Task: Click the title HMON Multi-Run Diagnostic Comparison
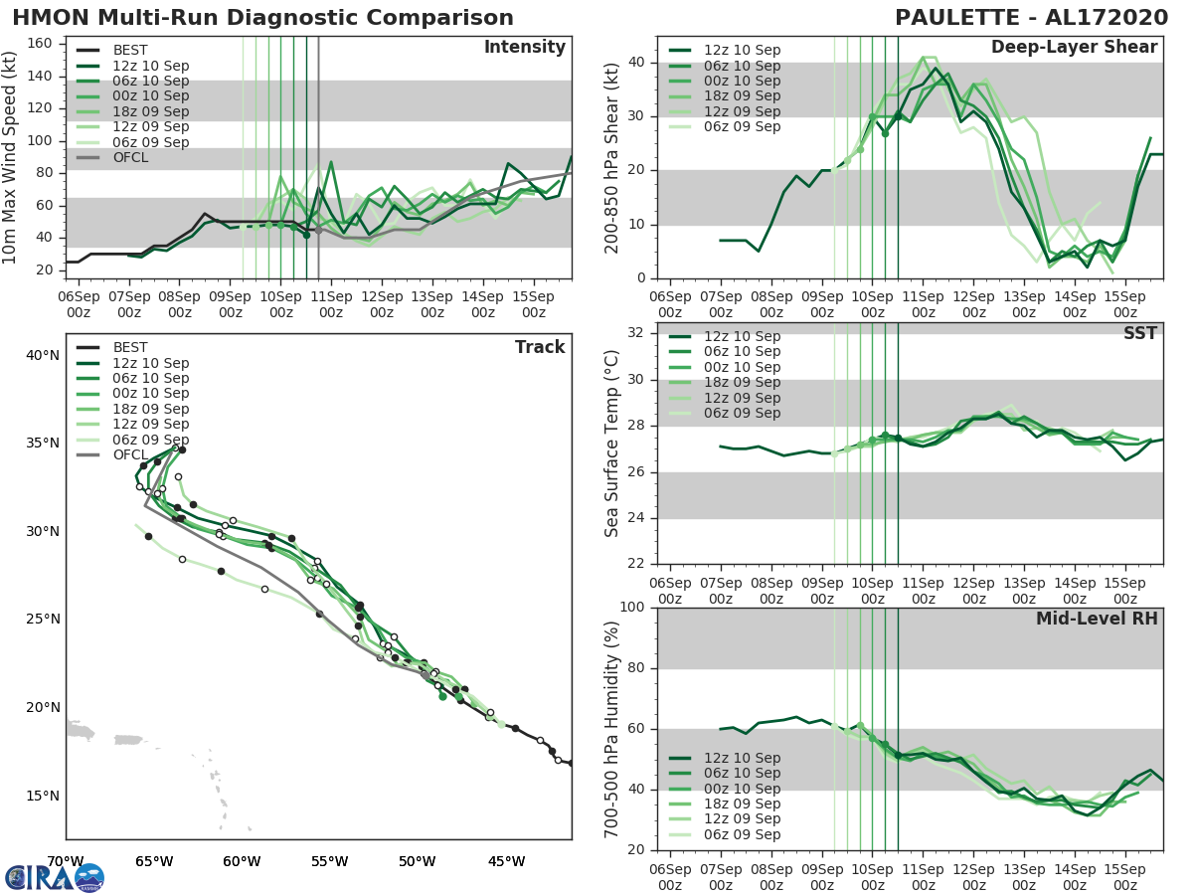click(262, 18)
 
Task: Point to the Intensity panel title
click(524, 48)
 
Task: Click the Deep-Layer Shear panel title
click(1074, 48)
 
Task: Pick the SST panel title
click(1139, 333)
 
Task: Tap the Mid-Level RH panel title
click(1097, 619)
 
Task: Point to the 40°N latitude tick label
click(42, 355)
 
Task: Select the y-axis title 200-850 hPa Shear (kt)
click(612, 159)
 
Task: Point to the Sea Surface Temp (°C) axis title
click(612, 444)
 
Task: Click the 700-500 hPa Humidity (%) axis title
click(612, 728)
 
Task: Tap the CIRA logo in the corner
click(54, 877)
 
